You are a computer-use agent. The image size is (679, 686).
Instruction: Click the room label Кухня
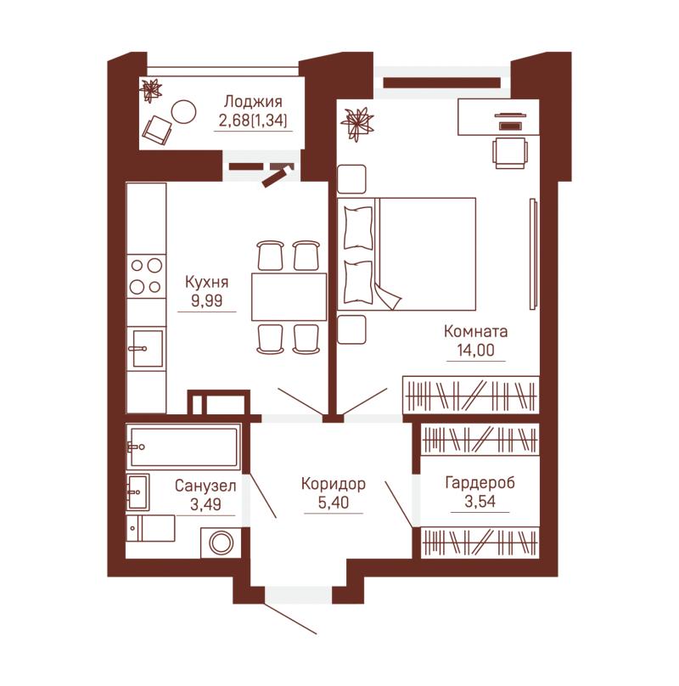pyautogui.click(x=206, y=282)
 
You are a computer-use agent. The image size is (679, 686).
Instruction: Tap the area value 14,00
pyautogui.click(x=475, y=350)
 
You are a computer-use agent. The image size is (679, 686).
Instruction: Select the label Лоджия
pyautogui.click(x=253, y=102)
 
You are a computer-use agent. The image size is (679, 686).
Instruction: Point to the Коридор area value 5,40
pyautogui.click(x=334, y=503)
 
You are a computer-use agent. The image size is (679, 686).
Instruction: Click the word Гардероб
pyautogui.click(x=480, y=483)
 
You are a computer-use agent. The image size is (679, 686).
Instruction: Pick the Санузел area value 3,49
pyautogui.click(x=205, y=504)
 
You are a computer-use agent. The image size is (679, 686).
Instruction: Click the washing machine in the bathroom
pyautogui.click(x=221, y=543)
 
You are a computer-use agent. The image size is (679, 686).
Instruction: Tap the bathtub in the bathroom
pyautogui.click(x=183, y=447)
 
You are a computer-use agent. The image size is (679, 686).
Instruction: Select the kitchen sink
pyautogui.click(x=146, y=349)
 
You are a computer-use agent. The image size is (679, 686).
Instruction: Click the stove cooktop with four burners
pyautogui.click(x=146, y=276)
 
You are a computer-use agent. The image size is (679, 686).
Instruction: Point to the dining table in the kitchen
pyautogui.click(x=289, y=296)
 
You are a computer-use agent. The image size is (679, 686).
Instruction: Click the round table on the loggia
pyautogui.click(x=182, y=111)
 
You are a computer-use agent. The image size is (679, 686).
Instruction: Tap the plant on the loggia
pyautogui.click(x=151, y=90)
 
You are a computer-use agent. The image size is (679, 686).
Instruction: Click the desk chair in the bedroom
pyautogui.click(x=510, y=153)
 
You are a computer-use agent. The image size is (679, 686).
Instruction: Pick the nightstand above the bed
pyautogui.click(x=351, y=179)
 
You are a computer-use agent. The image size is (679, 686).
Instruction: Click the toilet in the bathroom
pyautogui.click(x=150, y=528)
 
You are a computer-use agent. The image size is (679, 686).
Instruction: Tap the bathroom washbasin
pyautogui.click(x=137, y=492)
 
